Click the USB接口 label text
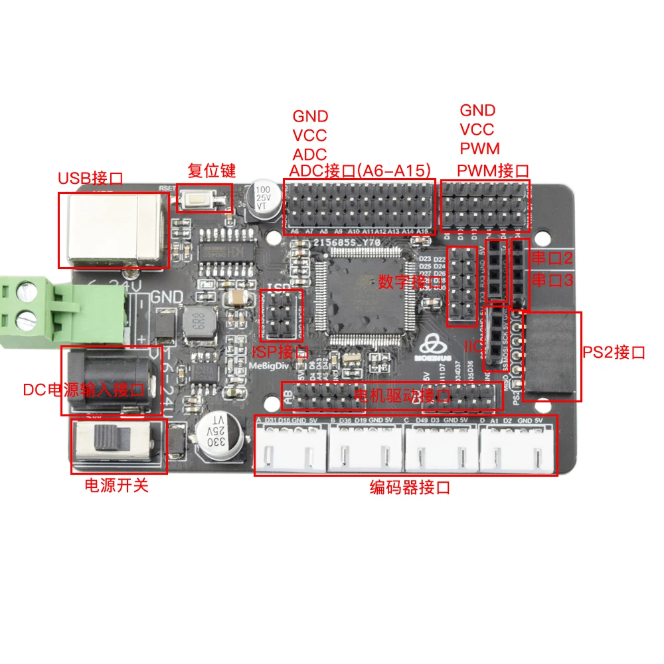90,178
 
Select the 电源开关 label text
116,485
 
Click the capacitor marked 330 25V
218,435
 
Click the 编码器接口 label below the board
410,488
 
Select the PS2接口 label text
614,353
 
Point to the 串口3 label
551,281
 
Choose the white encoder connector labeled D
518,450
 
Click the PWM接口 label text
493,171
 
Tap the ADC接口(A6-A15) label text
361,171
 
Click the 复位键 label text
212,171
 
